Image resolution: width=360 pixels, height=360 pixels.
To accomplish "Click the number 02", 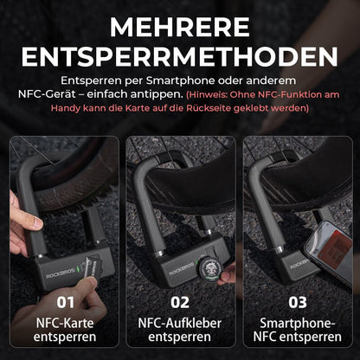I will click(x=180, y=302).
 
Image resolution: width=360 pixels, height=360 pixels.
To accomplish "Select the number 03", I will click(x=298, y=302).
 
